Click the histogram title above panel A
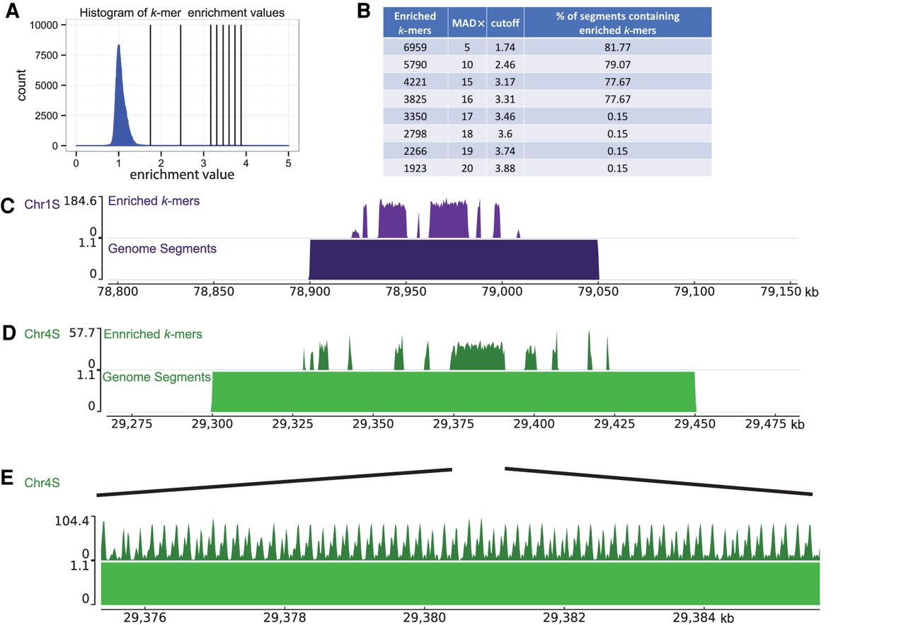pos(182,13)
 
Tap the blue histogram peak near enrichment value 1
pos(119,50)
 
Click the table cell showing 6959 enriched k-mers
pos(411,47)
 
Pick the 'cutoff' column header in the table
pos(505,23)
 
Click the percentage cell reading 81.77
pos(617,47)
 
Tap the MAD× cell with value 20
pos(468,168)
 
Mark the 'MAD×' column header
pos(468,23)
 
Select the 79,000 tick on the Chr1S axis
pos(502,292)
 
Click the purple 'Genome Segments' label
pos(162,248)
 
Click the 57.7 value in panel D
pos(84,334)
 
